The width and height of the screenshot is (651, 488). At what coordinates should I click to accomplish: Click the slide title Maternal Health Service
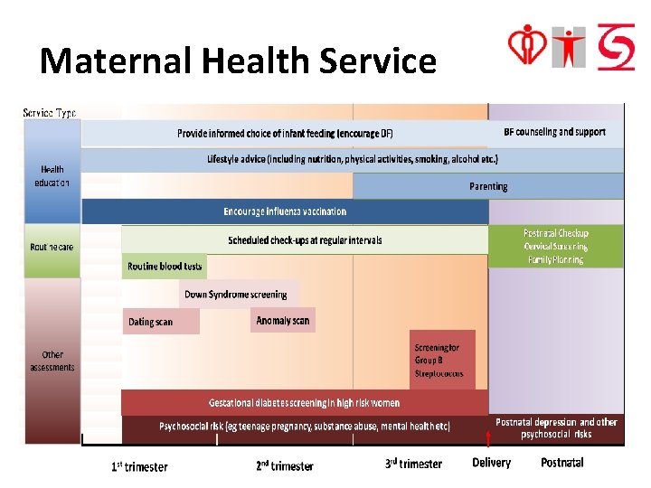(238, 61)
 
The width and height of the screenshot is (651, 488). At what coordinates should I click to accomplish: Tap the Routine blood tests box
(165, 267)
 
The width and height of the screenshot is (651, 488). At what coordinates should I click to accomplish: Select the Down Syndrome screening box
(236, 295)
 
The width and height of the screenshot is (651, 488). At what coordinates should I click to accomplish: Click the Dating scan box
(160, 322)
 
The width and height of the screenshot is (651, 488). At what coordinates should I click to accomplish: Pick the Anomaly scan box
(283, 321)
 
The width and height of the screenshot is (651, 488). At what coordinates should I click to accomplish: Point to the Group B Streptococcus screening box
(441, 360)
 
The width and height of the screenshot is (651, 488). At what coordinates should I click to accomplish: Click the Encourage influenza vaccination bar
(285, 211)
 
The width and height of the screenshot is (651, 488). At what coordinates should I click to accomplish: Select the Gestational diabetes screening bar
(304, 402)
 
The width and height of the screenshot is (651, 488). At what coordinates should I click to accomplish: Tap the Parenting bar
(488, 186)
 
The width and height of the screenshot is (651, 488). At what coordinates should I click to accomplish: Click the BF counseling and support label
(554, 132)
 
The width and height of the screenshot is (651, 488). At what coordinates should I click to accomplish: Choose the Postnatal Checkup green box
(556, 246)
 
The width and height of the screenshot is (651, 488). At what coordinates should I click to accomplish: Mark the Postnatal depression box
(556, 428)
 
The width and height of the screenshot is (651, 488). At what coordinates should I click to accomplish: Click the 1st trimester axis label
(139, 466)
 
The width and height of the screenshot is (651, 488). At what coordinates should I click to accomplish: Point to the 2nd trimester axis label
(285, 466)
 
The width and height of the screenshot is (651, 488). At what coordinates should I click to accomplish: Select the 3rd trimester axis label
(413, 465)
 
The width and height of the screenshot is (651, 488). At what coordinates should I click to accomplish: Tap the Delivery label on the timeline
(491, 463)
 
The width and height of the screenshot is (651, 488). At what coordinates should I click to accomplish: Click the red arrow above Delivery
(488, 440)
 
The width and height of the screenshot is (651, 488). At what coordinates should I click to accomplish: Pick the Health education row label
(52, 175)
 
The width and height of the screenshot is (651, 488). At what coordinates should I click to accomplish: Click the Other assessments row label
(52, 361)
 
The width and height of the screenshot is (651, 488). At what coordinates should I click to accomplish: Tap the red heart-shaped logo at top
(527, 44)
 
